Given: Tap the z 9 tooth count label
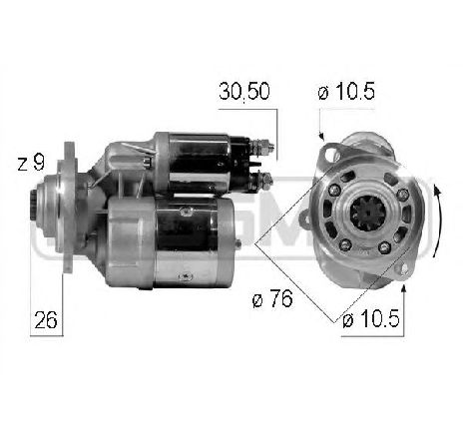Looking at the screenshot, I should [31, 162].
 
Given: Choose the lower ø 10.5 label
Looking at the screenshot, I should [368, 320].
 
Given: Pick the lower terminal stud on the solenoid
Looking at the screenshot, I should [268, 181].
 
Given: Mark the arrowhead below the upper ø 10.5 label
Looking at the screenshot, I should [322, 138].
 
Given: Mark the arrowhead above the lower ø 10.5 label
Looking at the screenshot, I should [404, 287].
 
